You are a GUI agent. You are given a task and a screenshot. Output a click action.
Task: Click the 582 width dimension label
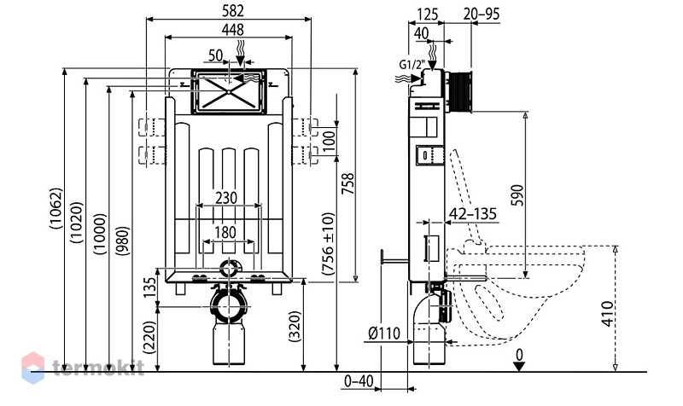pyautogui.click(x=232, y=11)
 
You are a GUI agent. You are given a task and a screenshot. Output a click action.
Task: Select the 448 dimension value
pyautogui.click(x=232, y=30)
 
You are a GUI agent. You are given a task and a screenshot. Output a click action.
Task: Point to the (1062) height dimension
pyautogui.click(x=56, y=208)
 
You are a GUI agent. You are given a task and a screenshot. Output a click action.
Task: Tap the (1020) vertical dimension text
pyautogui.click(x=77, y=222)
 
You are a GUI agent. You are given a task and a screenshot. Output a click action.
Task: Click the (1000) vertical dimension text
pyautogui.click(x=100, y=234)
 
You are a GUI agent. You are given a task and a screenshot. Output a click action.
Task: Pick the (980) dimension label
pyautogui.click(x=123, y=241)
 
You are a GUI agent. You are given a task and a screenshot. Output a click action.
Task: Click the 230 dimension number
pyautogui.click(x=226, y=198)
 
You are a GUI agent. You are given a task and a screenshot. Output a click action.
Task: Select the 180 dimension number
pyautogui.click(x=225, y=232)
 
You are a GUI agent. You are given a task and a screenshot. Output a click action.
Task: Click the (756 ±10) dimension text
pyautogui.click(x=328, y=244)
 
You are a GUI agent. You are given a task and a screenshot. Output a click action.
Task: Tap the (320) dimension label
pyautogui.click(x=295, y=327)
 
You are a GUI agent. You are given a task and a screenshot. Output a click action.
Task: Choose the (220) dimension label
pyautogui.click(x=149, y=337)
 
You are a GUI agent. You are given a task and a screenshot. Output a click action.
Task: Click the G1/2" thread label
pyautogui.click(x=412, y=65)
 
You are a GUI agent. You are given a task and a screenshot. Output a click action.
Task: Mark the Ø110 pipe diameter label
pyautogui.click(x=383, y=333)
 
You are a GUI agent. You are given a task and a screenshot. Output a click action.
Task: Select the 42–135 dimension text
pyautogui.click(x=473, y=213)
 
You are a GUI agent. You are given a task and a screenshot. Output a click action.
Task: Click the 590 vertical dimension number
pyautogui.click(x=517, y=194)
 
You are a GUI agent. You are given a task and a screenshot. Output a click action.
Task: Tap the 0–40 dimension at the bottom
pyautogui.click(x=359, y=381)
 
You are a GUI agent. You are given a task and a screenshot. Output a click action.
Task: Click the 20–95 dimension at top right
pyautogui.click(x=482, y=14)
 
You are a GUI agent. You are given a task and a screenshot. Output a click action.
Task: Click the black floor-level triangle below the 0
pyautogui.click(x=519, y=367)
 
